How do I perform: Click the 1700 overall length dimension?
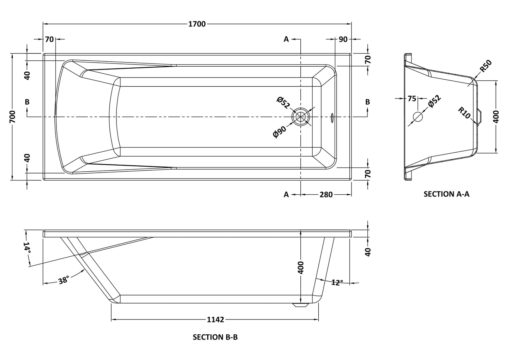pos(197,24)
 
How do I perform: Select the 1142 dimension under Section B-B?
pos(215,320)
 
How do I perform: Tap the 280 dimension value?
pos(326,194)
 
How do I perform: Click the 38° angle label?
pos(64,280)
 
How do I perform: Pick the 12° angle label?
pos(337,282)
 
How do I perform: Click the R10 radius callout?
pos(464,113)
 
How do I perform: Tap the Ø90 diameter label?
pos(280,132)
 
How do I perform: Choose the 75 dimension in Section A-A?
pos(412,99)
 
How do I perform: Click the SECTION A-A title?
pos(446,194)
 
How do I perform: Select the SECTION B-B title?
pos(215,337)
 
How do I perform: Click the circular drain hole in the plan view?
pos(301,116)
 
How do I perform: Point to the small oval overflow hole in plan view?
pos(332,117)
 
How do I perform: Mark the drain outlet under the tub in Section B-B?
pos(301,305)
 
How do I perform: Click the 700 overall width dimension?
pos(12,116)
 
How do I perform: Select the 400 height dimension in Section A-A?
pos(496,116)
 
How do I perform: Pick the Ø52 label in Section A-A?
pos(434,101)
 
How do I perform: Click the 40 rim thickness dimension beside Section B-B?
pos(368,252)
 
